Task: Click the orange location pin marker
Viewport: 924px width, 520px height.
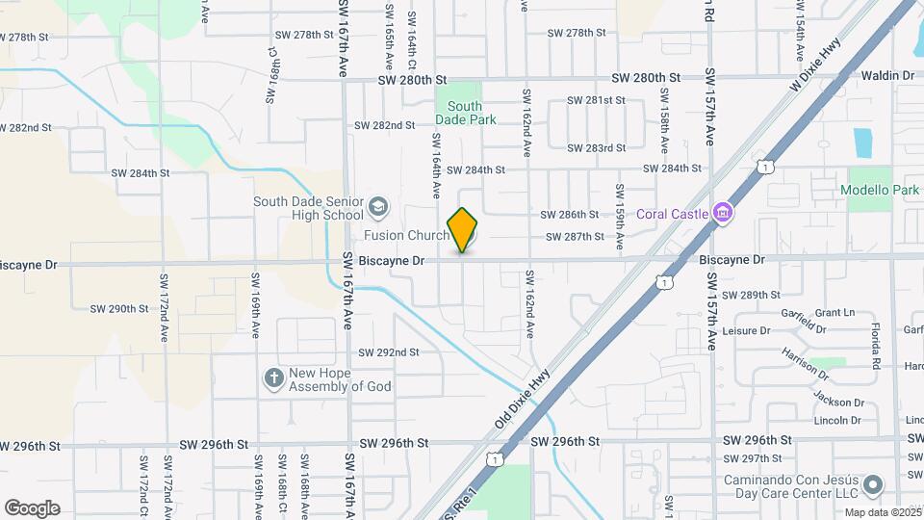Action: tap(462, 230)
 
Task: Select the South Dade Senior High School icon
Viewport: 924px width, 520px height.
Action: tap(378, 207)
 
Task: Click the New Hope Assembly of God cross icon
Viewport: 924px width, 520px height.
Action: tap(274, 378)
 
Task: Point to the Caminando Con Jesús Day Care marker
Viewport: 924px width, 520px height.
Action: tap(873, 484)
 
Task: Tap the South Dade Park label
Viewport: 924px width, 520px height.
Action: tap(465, 113)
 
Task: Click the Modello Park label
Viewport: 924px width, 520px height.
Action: tap(880, 190)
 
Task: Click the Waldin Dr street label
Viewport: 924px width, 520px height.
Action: tap(886, 75)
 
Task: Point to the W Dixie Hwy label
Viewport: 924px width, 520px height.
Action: tap(816, 65)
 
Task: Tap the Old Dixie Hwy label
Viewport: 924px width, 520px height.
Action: tap(522, 397)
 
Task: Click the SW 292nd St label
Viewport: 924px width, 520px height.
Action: tap(389, 352)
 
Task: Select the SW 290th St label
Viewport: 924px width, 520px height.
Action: tap(119, 309)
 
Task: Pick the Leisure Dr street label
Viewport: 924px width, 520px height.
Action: tap(746, 330)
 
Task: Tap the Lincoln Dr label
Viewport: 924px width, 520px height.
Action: tap(837, 420)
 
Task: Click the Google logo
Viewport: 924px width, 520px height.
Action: tap(32, 508)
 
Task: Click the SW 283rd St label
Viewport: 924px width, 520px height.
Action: tap(597, 148)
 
